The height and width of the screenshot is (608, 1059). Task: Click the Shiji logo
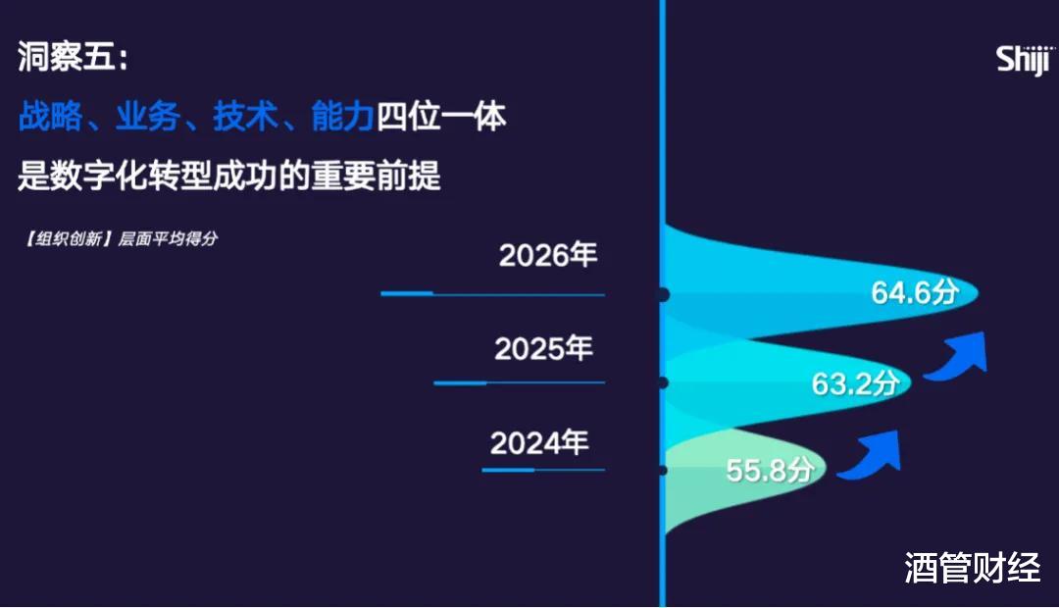(1024, 60)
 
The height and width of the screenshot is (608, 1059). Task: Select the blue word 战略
(51, 116)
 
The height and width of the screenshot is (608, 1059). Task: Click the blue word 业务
(148, 116)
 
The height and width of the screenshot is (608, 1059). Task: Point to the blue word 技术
(245, 116)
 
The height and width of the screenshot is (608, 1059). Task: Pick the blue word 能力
(342, 116)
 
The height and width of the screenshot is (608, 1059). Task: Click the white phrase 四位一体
(441, 116)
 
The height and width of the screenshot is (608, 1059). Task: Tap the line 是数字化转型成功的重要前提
(228, 175)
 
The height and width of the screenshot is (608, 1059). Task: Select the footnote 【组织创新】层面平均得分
(121, 238)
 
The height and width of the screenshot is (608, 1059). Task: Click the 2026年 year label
(548, 255)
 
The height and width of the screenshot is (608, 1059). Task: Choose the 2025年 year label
(543, 348)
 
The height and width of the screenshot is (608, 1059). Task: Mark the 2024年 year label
(539, 443)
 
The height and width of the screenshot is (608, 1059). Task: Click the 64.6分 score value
(915, 292)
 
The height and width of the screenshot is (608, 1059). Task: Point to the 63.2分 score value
(855, 383)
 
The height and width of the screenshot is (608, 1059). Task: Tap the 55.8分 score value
(770, 470)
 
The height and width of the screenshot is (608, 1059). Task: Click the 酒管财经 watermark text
(973, 568)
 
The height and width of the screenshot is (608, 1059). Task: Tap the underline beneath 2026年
(493, 294)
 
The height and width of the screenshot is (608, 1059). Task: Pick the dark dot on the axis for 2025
(663, 383)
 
